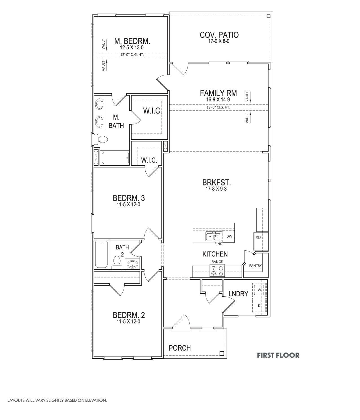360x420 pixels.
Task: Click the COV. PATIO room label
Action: point(219,35)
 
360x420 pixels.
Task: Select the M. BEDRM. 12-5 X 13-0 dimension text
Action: point(132,48)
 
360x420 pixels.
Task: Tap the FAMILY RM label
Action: point(218,93)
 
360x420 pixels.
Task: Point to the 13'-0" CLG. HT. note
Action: point(218,107)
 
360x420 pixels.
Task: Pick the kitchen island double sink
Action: point(214,236)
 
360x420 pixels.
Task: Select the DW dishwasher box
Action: point(229,237)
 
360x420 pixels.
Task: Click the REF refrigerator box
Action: point(258,237)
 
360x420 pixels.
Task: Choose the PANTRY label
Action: point(255,266)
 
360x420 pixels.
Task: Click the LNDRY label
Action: point(238,294)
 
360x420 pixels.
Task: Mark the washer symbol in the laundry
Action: point(259,290)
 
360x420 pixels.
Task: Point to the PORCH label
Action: point(180,348)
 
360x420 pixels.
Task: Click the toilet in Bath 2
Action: point(117,262)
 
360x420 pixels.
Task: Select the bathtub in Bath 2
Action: point(101,254)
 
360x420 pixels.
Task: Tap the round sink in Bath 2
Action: point(132,265)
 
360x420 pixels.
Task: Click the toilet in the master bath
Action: point(101,139)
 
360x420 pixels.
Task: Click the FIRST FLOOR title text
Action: point(278,355)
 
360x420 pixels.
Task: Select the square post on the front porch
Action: point(222,353)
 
